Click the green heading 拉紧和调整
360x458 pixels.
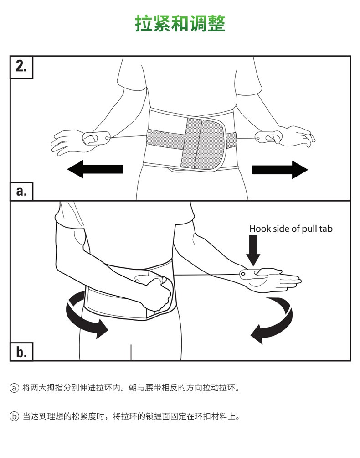(x=180, y=23)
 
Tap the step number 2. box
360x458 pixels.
(x=21, y=67)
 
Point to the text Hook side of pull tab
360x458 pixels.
(x=291, y=229)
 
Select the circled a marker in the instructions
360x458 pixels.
(x=14, y=388)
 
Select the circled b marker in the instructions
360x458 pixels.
(x=14, y=416)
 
